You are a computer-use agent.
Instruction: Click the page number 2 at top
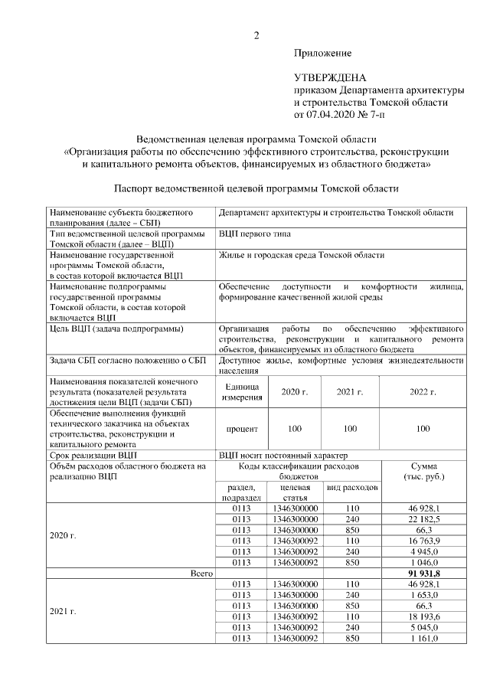(256, 35)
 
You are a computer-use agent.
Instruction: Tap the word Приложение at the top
(323, 54)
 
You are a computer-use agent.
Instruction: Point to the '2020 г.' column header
(294, 391)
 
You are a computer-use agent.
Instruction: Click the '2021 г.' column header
(350, 391)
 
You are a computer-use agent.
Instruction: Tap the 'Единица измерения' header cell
(242, 392)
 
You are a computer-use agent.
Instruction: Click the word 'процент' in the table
(242, 430)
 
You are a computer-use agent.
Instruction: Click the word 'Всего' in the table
(203, 573)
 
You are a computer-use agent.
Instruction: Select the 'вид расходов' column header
(352, 488)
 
